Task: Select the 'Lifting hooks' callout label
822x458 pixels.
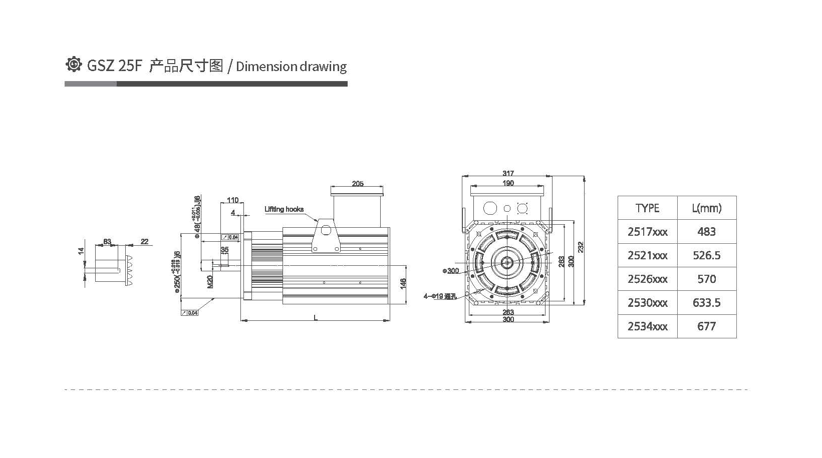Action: click(284, 209)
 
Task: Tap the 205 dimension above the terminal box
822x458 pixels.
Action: click(357, 184)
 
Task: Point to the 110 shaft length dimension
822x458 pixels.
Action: click(232, 200)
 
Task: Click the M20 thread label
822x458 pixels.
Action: click(210, 281)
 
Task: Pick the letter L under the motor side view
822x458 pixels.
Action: click(315, 317)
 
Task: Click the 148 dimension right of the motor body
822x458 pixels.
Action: click(404, 283)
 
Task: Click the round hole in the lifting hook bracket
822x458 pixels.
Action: click(327, 230)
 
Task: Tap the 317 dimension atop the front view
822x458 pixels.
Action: click(508, 173)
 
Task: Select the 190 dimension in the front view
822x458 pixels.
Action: click(508, 183)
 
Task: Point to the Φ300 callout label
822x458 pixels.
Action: click(450, 271)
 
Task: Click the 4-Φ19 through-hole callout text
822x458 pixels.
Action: click(439, 296)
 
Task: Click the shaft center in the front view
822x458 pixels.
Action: click(507, 261)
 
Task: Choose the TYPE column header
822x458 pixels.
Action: click(647, 208)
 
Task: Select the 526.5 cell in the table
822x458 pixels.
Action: click(706, 255)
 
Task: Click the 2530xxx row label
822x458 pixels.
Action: click(647, 303)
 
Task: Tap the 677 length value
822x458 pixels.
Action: click(706, 326)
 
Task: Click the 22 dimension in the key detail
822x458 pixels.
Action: click(144, 242)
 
